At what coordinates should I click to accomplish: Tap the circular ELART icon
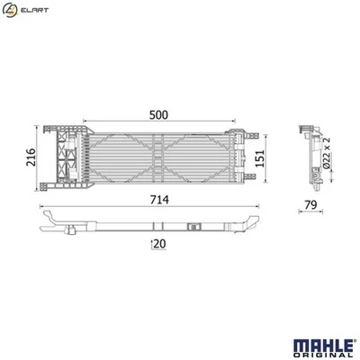click(x=9, y=10)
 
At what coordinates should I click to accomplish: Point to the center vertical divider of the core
click(x=157, y=159)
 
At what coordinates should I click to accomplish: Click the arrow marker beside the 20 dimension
click(x=152, y=243)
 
